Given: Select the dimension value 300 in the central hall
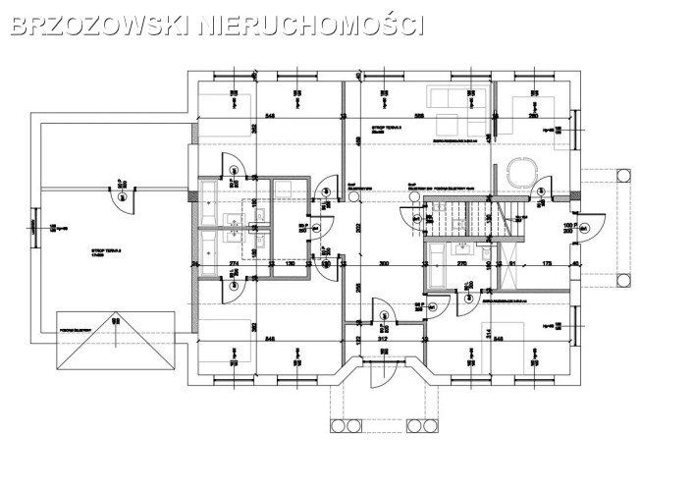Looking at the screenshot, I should point(385,264).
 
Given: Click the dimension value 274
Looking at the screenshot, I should point(234,264).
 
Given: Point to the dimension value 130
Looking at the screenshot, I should point(289,264).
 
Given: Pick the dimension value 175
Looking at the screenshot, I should point(547,264).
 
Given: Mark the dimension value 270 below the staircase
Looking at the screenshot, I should point(461,264).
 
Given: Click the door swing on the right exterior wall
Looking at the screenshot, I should point(586,227).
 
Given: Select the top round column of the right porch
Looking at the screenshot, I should point(620,173).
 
